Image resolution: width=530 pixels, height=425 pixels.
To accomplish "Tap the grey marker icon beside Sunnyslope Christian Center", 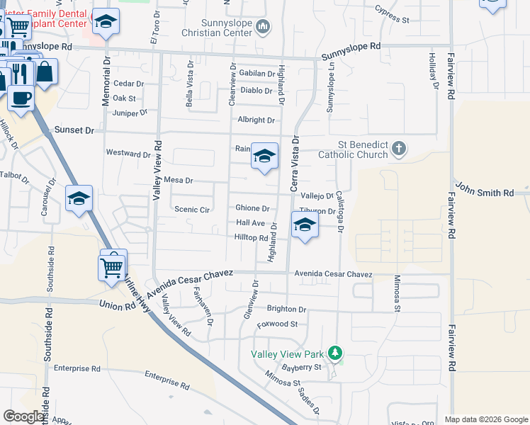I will coord(264,28).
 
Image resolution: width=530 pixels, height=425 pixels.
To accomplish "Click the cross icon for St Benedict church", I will coord(399,149).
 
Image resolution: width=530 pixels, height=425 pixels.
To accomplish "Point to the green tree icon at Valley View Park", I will coord(337,353).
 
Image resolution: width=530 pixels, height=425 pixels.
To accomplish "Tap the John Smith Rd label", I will coord(485,193).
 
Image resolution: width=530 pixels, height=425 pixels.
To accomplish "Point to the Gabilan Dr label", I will coord(256,73).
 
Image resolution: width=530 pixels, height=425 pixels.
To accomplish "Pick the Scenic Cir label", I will coord(192,210).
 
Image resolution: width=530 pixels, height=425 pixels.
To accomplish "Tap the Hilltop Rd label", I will coord(251,238).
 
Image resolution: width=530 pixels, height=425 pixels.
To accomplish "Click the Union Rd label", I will coord(118,306).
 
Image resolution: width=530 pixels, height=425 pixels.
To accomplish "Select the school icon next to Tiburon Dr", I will coord(305,225).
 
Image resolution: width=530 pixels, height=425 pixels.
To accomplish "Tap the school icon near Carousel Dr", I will coord(79,199).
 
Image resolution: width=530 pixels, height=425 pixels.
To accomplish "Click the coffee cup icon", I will coord(21,96).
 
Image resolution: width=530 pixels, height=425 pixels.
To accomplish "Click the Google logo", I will coord(23,416).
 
